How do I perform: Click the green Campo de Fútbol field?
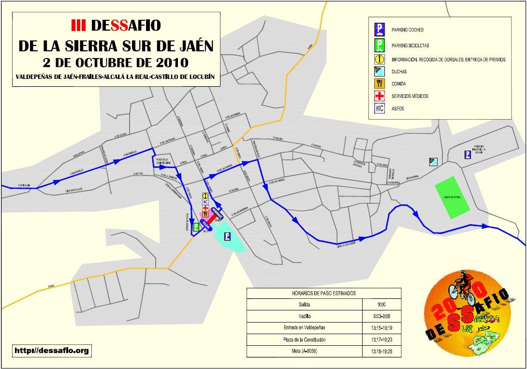pos(453,199)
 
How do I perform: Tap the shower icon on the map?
pos(434,162)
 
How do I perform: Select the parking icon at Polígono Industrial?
pos(468,154)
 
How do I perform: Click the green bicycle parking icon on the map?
pos(197,227)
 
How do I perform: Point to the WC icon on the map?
pos(205,202)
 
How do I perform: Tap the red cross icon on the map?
pos(205,208)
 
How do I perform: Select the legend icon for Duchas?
pos(380,71)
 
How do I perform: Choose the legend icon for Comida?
pos(380,84)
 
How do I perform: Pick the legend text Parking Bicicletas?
pos(411,46)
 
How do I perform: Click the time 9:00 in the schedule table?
pos(381,305)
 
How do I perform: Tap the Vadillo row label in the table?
pos(305,317)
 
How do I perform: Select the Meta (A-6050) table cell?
pos(305,351)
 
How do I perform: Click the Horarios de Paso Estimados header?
pos(323,293)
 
